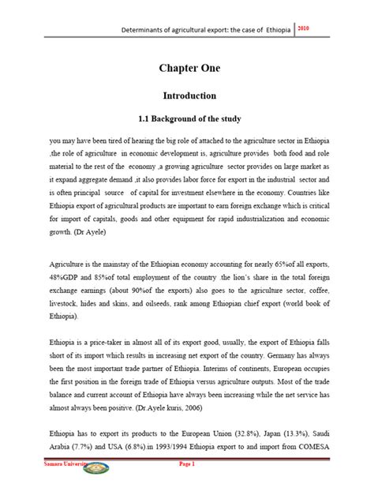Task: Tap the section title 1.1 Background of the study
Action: click(185, 118)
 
